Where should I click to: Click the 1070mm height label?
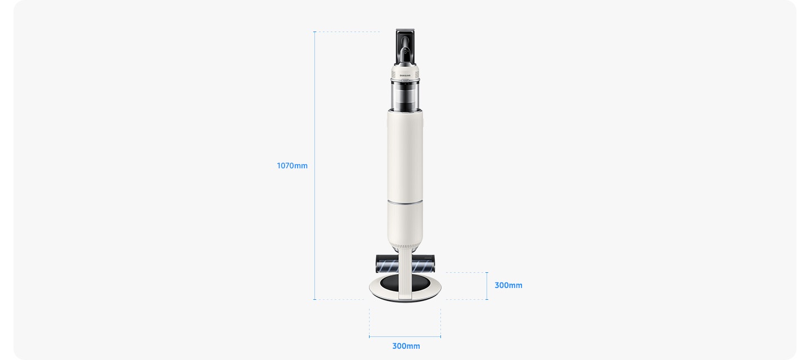(292, 165)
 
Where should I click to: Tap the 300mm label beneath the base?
(406, 346)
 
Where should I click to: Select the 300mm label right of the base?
(508, 285)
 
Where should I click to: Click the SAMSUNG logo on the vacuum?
(405, 75)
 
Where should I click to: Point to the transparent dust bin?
(405, 96)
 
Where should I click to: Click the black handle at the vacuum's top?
(406, 47)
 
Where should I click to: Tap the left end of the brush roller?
(377, 264)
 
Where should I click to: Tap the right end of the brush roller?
(433, 264)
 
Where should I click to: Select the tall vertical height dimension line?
(314, 165)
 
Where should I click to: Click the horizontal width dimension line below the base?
(405, 337)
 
